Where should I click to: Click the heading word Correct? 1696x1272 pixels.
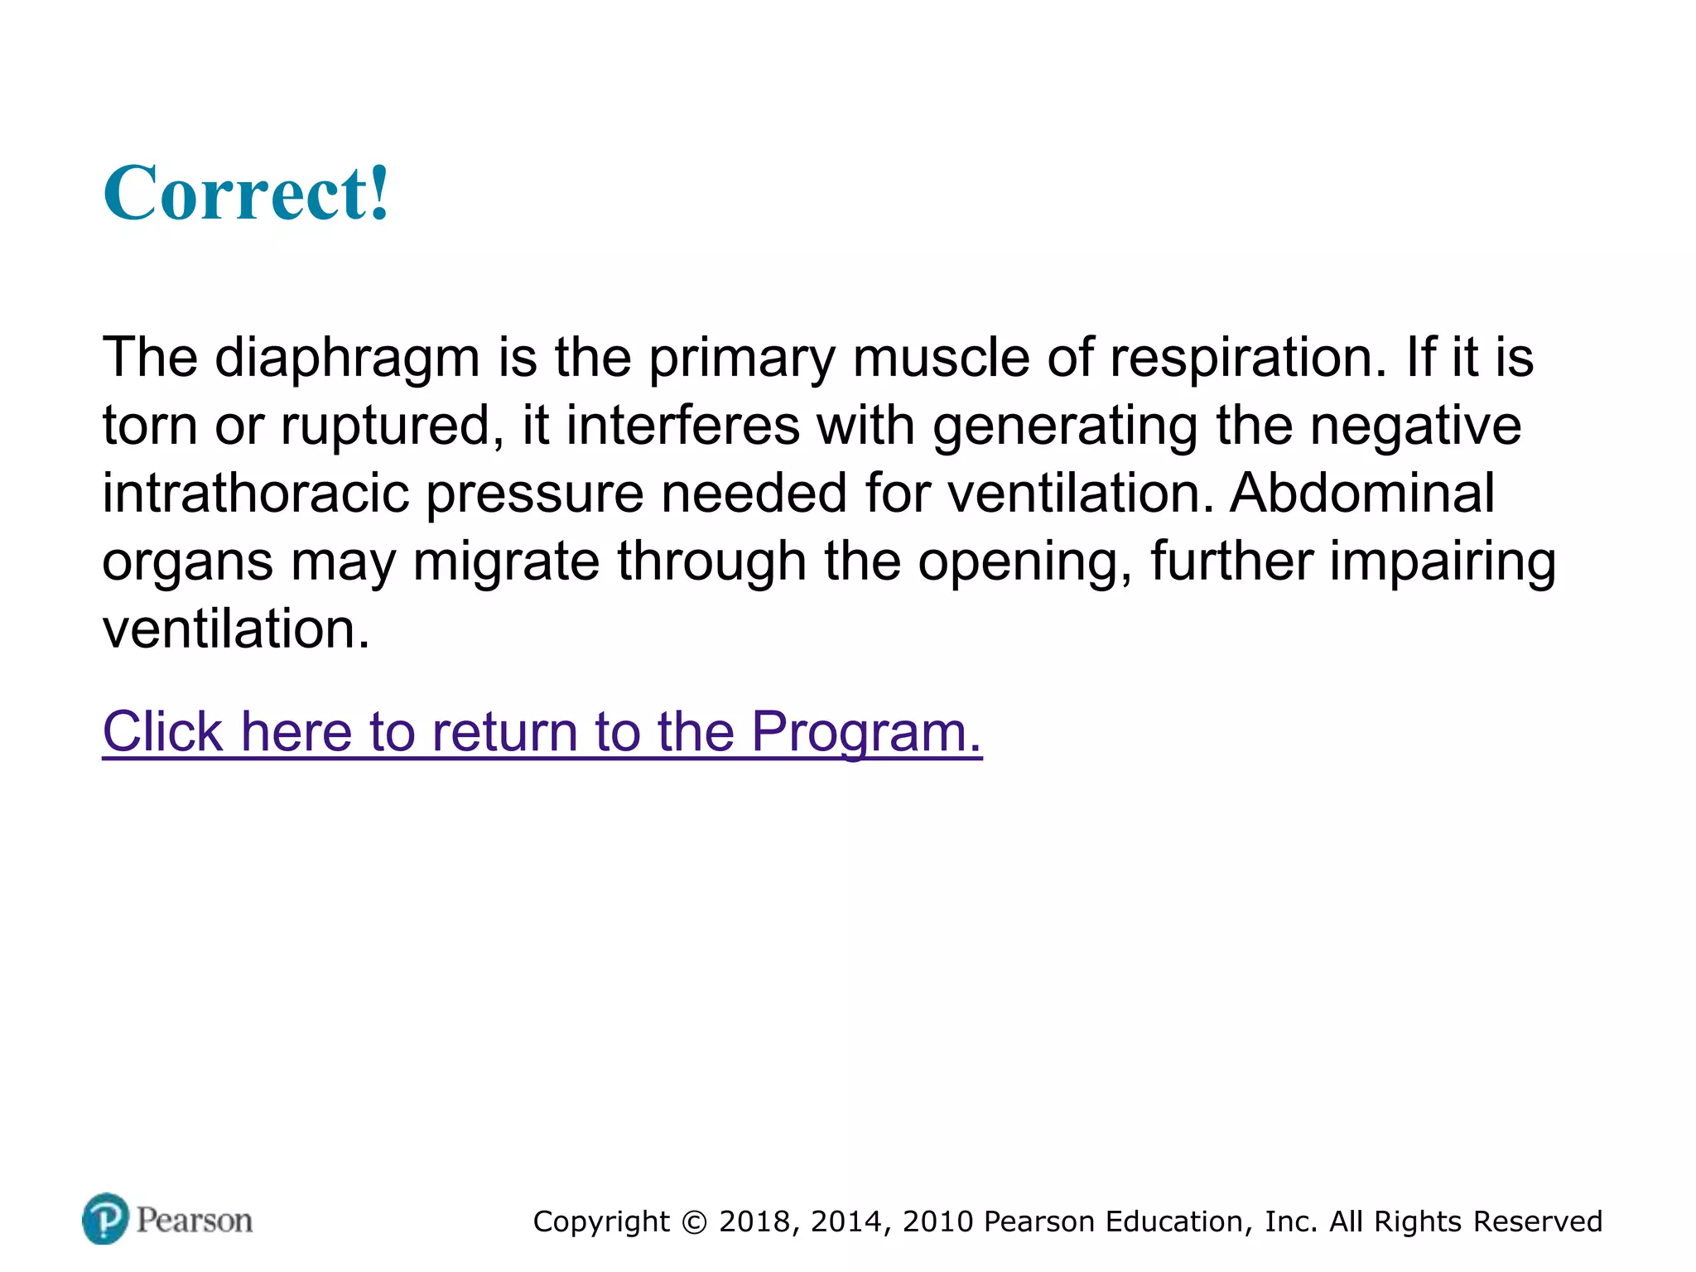(x=246, y=193)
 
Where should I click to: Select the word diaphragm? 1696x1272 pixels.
(x=348, y=358)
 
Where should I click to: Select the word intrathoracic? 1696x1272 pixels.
(x=256, y=494)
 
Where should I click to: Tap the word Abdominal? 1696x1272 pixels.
(x=1362, y=494)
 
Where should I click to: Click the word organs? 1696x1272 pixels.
(x=188, y=563)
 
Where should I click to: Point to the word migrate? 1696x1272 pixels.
(x=506, y=561)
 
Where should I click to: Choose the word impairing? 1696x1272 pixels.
(x=1443, y=561)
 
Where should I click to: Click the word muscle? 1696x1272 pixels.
(x=942, y=358)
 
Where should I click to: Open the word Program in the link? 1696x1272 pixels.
(x=866, y=732)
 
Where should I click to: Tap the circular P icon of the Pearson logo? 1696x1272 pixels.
(x=106, y=1219)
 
